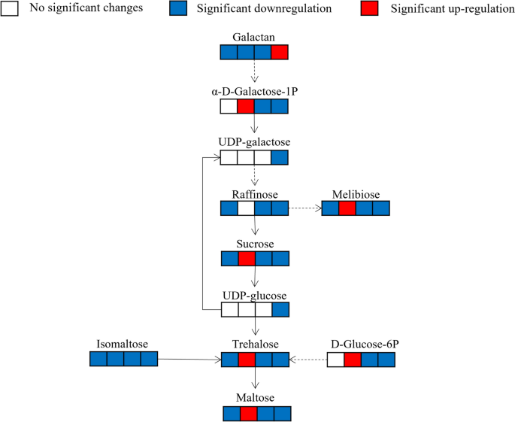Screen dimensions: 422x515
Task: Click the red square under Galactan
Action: point(280,52)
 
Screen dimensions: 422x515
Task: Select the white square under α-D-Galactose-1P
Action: point(229,106)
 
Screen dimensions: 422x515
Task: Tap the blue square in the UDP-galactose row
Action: point(280,158)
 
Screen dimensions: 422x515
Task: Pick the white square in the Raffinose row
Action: point(246,208)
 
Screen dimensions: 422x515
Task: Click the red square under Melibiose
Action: point(347,208)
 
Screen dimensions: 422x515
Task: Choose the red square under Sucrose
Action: point(246,259)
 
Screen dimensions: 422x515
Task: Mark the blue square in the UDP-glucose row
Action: point(280,308)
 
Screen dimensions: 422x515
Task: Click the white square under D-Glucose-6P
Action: point(335,359)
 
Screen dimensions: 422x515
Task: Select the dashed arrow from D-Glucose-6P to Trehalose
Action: point(307,360)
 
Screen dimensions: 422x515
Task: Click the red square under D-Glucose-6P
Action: point(353,359)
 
